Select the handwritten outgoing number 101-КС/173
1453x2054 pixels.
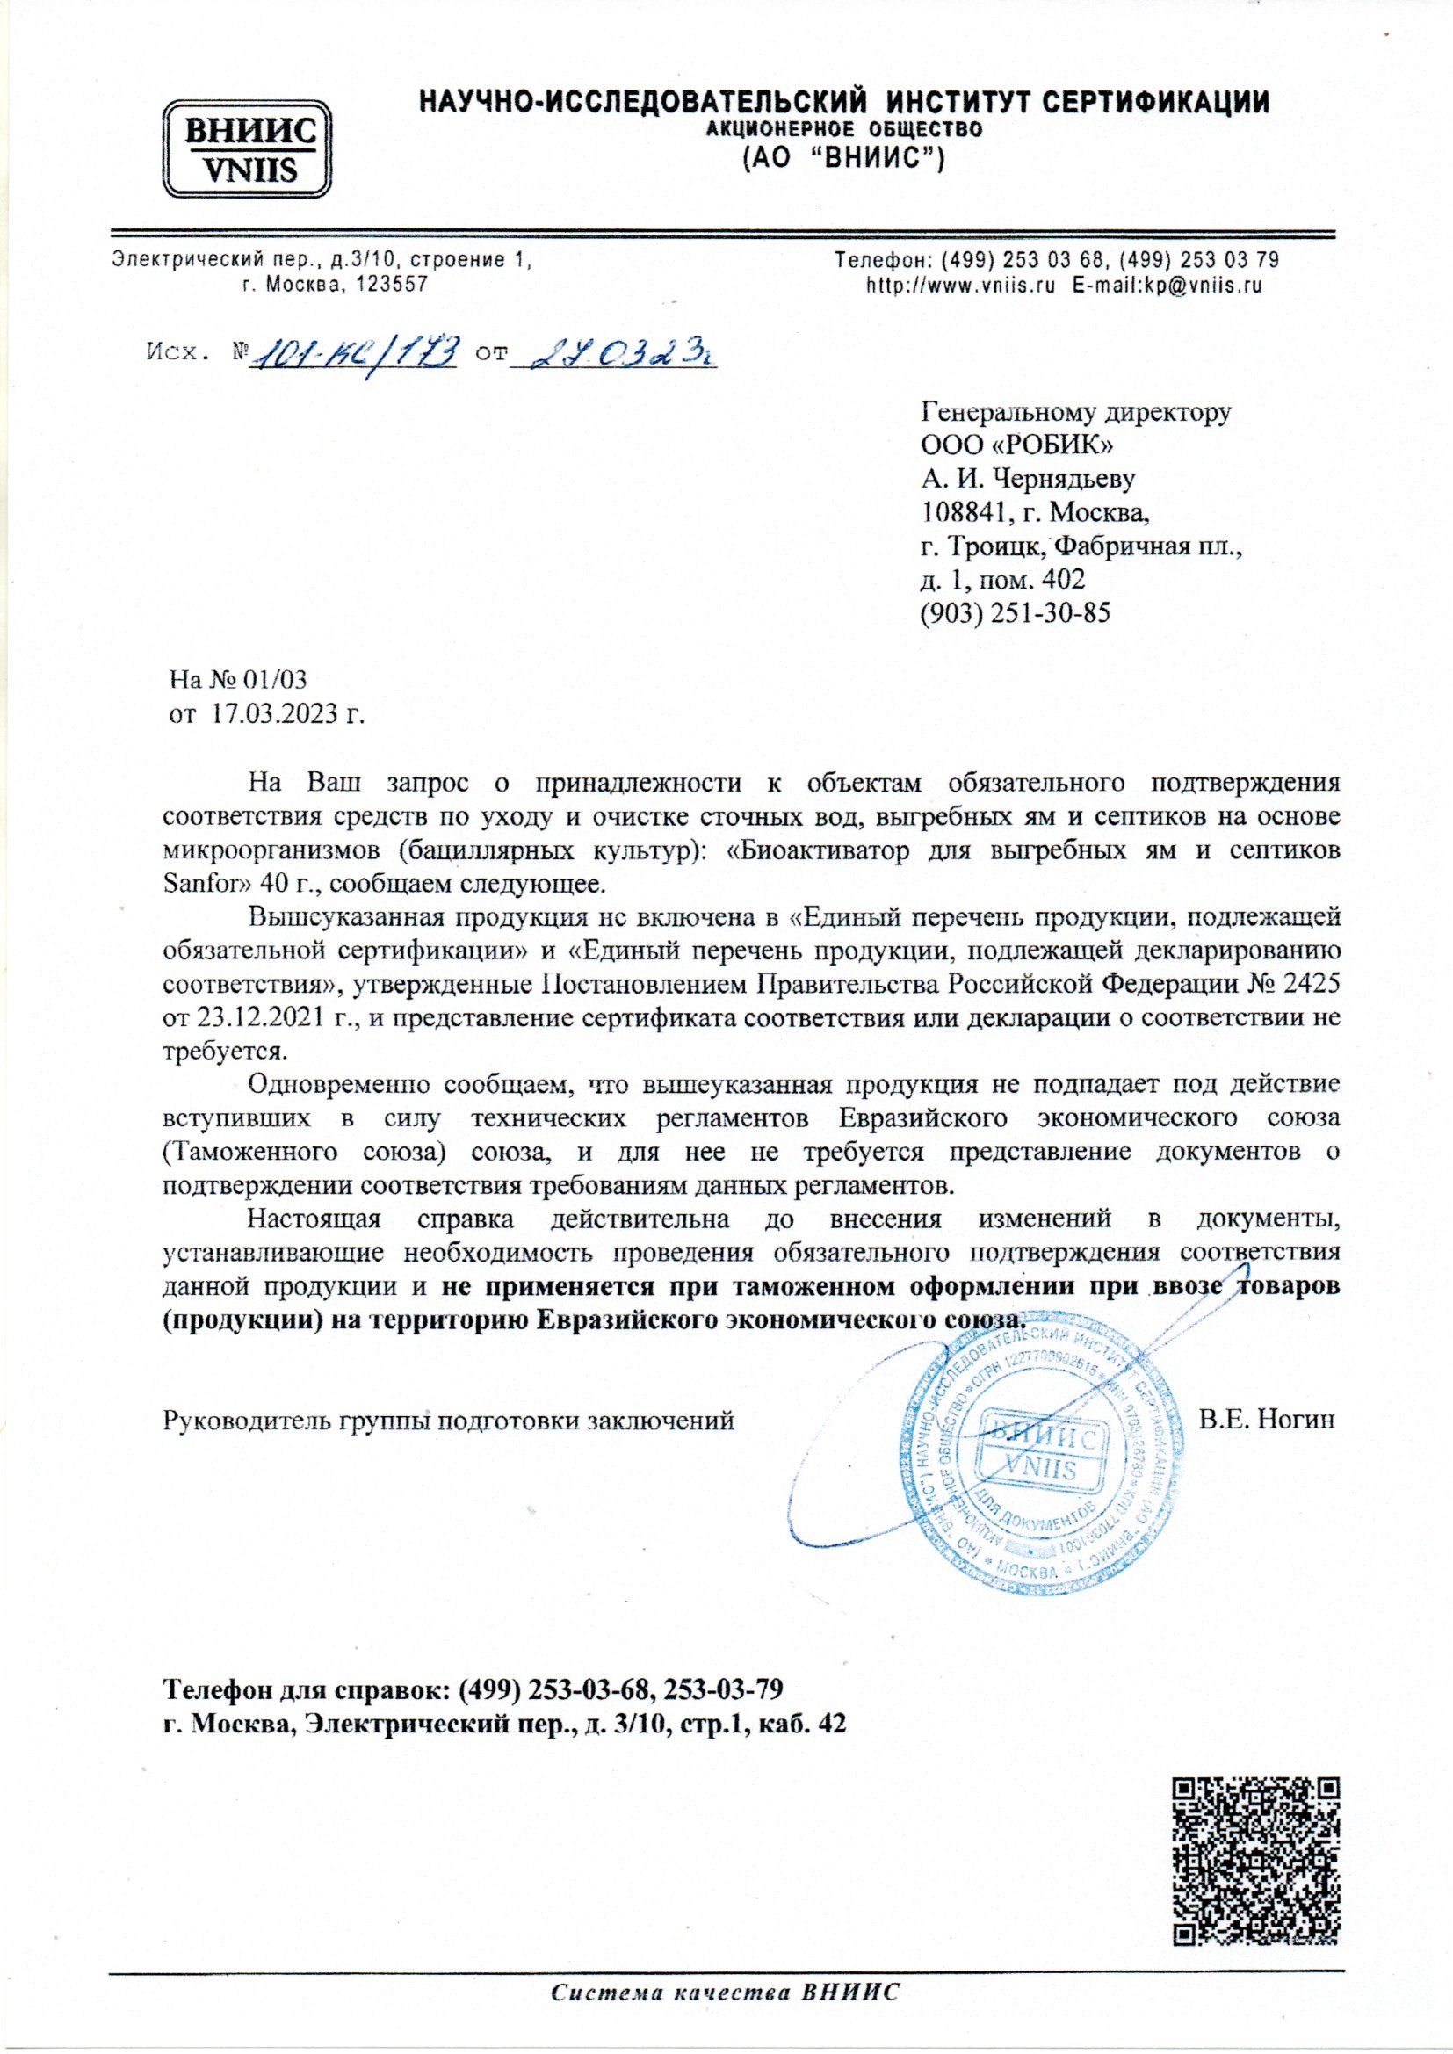tap(358, 356)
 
